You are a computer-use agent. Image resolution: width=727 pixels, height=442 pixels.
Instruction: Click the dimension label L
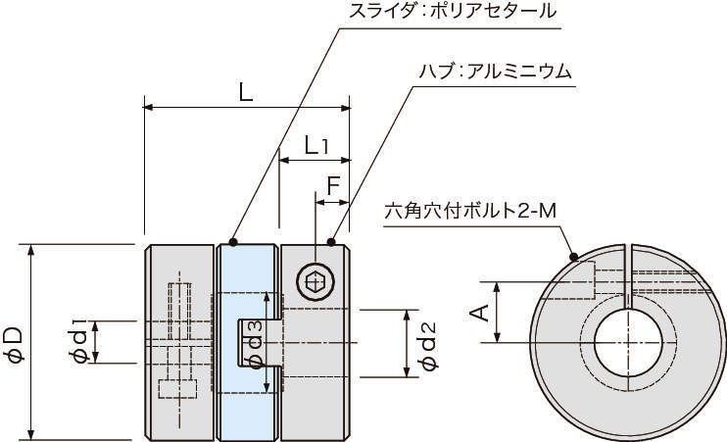(245, 92)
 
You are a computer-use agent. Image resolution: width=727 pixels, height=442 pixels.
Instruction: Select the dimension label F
(333, 183)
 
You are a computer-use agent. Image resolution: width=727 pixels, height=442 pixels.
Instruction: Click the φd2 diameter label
(426, 342)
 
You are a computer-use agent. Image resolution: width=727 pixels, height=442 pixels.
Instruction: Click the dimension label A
(479, 313)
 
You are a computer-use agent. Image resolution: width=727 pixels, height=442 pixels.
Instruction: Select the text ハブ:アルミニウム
(495, 73)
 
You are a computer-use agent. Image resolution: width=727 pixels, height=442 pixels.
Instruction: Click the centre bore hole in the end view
(628, 342)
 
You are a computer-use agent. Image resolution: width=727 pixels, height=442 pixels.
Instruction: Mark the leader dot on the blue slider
(233, 241)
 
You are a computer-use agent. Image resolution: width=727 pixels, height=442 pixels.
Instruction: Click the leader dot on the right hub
(330, 241)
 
